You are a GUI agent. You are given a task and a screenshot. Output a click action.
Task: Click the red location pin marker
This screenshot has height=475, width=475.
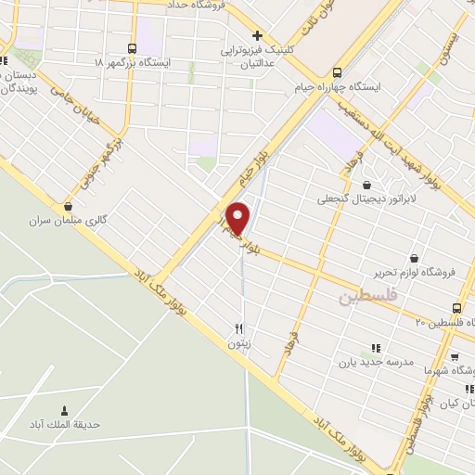pyautogui.click(x=238, y=217)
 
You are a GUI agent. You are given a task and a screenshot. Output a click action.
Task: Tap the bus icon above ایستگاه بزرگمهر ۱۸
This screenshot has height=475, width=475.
pyautogui.click(x=131, y=47)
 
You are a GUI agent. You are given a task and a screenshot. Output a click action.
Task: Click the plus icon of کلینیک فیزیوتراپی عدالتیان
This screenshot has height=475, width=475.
pyautogui.click(x=257, y=35)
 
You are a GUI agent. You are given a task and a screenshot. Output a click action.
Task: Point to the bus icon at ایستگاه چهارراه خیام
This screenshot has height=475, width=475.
pyautogui.click(x=336, y=71)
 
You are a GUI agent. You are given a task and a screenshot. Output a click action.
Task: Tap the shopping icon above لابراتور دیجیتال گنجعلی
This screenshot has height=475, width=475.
pyautogui.click(x=367, y=185)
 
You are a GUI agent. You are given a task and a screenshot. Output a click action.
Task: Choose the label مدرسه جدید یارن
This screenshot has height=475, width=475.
pyautogui.click(x=375, y=362)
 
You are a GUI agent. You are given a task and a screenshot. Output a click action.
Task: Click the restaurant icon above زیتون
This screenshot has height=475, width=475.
pyautogui.click(x=239, y=328)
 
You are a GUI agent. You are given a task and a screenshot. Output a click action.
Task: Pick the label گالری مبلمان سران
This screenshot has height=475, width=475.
pyautogui.click(x=68, y=222)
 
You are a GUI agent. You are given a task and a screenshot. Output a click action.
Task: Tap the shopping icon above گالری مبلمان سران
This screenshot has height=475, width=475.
pyautogui.click(x=68, y=207)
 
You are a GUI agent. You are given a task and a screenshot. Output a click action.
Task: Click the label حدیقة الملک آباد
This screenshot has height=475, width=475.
pyautogui.click(x=64, y=426)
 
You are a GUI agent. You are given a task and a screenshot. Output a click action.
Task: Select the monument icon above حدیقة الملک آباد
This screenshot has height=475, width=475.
pyautogui.click(x=64, y=411)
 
